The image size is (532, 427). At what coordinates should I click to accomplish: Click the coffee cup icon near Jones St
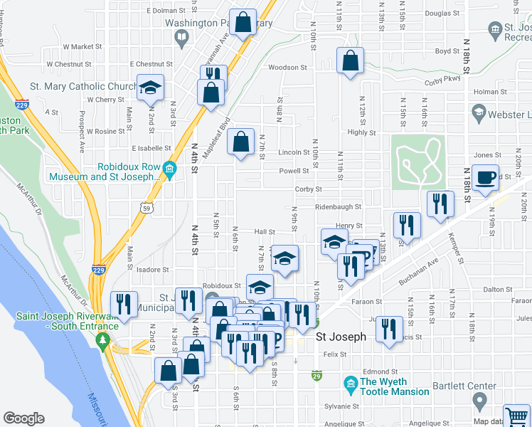pos(486,178)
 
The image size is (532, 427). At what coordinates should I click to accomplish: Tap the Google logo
pos(23,418)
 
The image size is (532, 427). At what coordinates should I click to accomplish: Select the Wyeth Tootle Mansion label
pos(395,386)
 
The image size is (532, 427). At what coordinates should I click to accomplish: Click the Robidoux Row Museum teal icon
pos(169,169)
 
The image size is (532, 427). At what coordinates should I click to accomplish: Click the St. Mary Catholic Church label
pos(83,87)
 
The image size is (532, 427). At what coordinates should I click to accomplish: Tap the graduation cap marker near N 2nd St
pos(150,88)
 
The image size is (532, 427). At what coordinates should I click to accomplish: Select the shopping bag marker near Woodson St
pos(350,61)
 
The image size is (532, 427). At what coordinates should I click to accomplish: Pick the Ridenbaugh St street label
pos(339,207)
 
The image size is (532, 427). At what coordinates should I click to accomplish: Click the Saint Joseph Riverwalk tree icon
pos(104,341)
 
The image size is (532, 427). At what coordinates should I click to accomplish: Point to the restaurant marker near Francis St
pos(388,329)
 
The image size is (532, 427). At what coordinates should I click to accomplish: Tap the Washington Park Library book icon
pos(182,36)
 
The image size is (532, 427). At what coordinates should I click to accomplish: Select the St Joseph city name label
pos(341,337)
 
